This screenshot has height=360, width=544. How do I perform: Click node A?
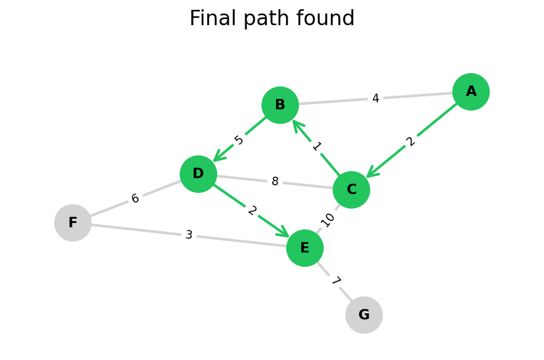(x=471, y=92)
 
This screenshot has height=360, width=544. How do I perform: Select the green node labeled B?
(x=280, y=105)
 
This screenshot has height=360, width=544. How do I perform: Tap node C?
(x=352, y=190)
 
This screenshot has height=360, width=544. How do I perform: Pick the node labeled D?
(x=199, y=174)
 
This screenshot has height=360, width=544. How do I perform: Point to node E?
(x=305, y=248)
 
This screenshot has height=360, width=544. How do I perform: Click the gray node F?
(x=73, y=223)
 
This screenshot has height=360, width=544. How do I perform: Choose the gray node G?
(x=364, y=315)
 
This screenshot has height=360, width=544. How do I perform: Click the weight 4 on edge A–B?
(x=376, y=98)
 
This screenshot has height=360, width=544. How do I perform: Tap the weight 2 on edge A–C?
(x=411, y=141)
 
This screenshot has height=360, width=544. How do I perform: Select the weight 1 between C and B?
(x=316, y=146)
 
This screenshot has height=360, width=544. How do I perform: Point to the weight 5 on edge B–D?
(x=239, y=140)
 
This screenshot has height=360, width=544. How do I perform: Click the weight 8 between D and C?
(x=275, y=182)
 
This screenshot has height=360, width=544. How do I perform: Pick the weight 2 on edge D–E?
(x=252, y=211)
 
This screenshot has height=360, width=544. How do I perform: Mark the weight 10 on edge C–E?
(x=328, y=219)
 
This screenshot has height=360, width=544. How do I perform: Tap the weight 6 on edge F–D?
(x=135, y=198)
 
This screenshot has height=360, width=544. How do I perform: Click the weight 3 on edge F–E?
(x=189, y=235)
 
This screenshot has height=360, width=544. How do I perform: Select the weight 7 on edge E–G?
(x=335, y=281)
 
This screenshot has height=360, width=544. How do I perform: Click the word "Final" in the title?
(x=211, y=19)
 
